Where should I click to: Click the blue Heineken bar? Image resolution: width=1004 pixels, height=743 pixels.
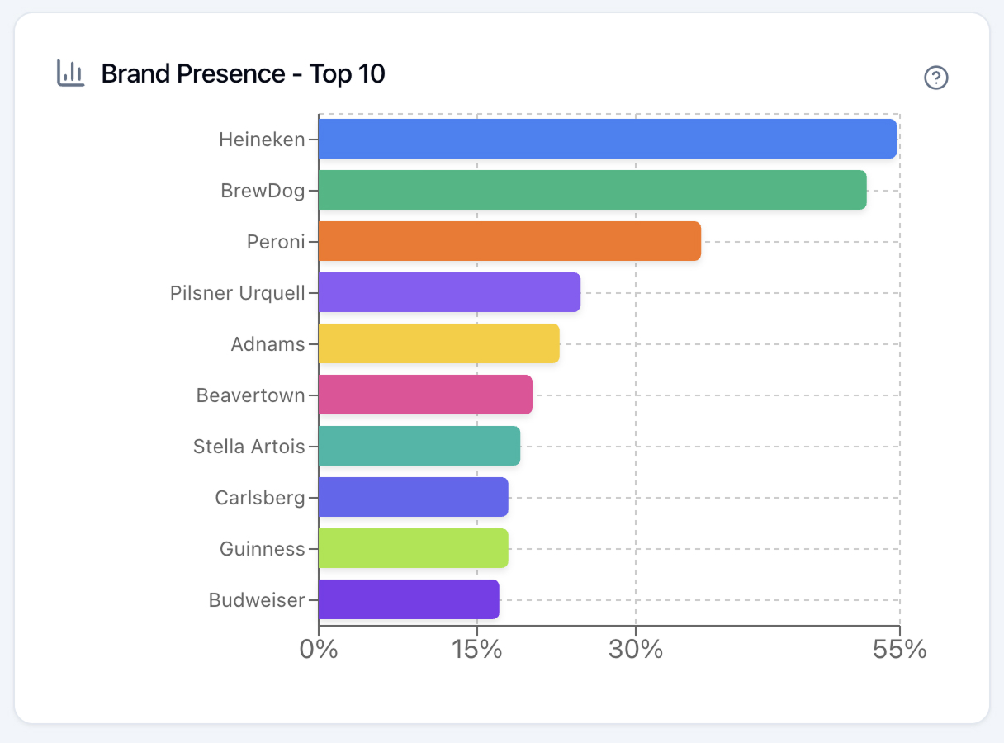click(x=607, y=139)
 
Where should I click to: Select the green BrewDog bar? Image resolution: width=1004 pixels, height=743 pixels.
click(x=592, y=190)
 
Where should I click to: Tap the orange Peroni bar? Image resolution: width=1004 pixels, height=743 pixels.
click(x=509, y=241)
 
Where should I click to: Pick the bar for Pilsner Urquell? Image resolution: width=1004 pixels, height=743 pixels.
click(x=449, y=292)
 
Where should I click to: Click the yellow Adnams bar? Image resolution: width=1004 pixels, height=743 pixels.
click(x=438, y=343)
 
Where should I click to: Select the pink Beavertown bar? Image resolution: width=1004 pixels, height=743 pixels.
click(x=425, y=395)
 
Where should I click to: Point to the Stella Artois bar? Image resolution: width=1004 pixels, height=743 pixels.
click(x=419, y=446)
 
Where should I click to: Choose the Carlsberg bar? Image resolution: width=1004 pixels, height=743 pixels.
click(x=413, y=497)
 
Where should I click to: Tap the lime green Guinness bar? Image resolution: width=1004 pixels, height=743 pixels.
click(x=413, y=548)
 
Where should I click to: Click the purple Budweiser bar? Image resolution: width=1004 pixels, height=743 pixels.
click(x=409, y=599)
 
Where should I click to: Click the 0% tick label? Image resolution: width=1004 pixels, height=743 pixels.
click(x=319, y=650)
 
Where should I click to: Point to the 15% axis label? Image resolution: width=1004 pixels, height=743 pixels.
click(x=477, y=650)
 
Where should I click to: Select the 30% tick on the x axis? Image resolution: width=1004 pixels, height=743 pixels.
click(x=636, y=650)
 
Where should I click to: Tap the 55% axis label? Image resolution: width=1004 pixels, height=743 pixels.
click(x=899, y=650)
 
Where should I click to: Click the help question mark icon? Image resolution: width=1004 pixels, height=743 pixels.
click(x=936, y=78)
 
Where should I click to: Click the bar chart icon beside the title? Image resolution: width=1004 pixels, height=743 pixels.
click(x=70, y=73)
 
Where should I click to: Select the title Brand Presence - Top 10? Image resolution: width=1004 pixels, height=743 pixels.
click(x=243, y=74)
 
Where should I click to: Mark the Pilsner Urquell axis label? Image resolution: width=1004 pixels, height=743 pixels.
click(x=238, y=293)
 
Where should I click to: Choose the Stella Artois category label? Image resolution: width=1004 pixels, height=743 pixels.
click(x=249, y=447)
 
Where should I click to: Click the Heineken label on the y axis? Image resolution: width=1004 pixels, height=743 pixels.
click(x=262, y=140)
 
